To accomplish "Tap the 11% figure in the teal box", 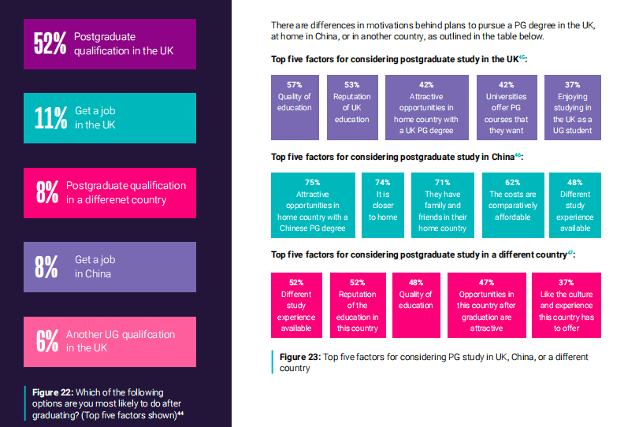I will [50, 117].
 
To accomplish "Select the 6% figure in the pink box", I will [47, 340].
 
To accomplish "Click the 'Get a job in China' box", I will [110, 266].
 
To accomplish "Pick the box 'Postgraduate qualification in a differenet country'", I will [110, 192].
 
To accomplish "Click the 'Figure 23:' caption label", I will [300, 357].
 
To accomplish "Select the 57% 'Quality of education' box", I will [295, 107].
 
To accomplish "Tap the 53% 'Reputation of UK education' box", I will [351, 107].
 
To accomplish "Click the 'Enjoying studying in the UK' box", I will [573, 107].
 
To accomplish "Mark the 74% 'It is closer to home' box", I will [383, 205].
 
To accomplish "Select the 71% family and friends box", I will [442, 205].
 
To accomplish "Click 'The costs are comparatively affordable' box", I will [512, 205].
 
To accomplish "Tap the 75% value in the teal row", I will [311, 182].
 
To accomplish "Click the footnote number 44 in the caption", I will [180, 414].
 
